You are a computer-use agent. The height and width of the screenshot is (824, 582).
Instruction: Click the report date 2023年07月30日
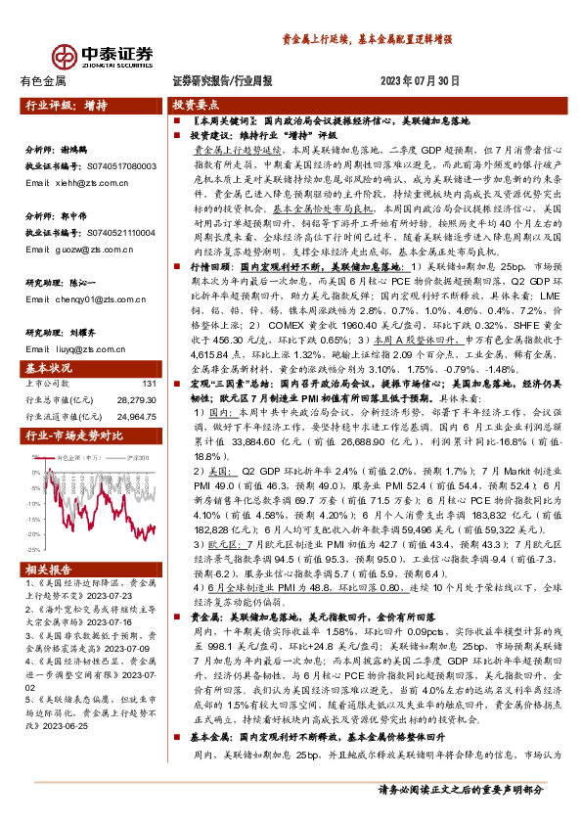point(418,82)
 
